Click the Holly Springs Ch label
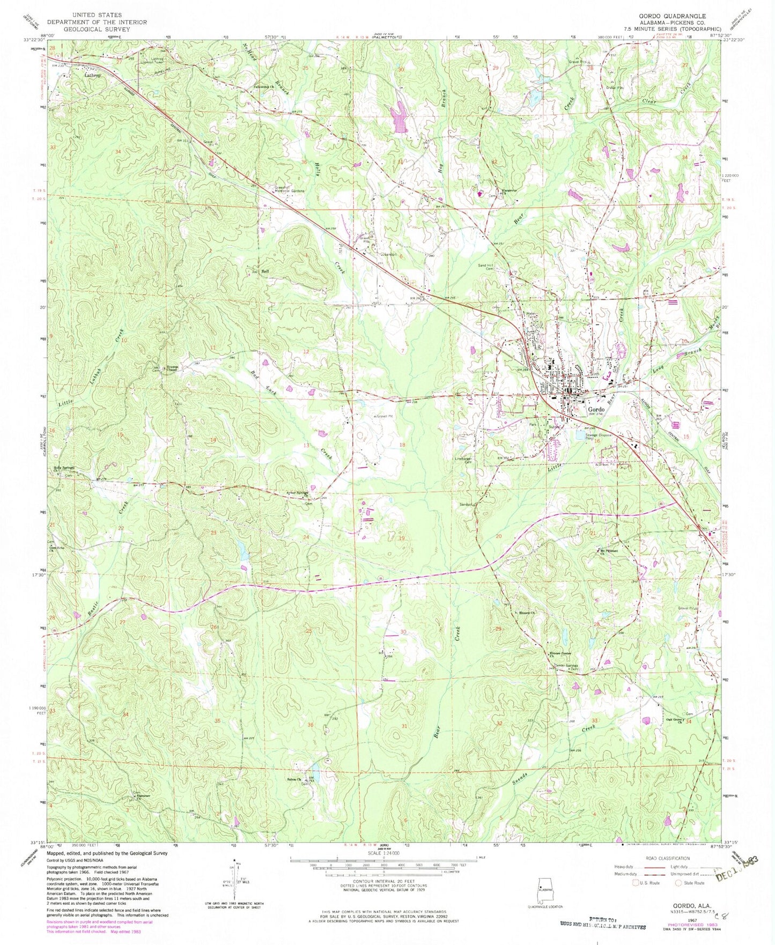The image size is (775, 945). point(64,468)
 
